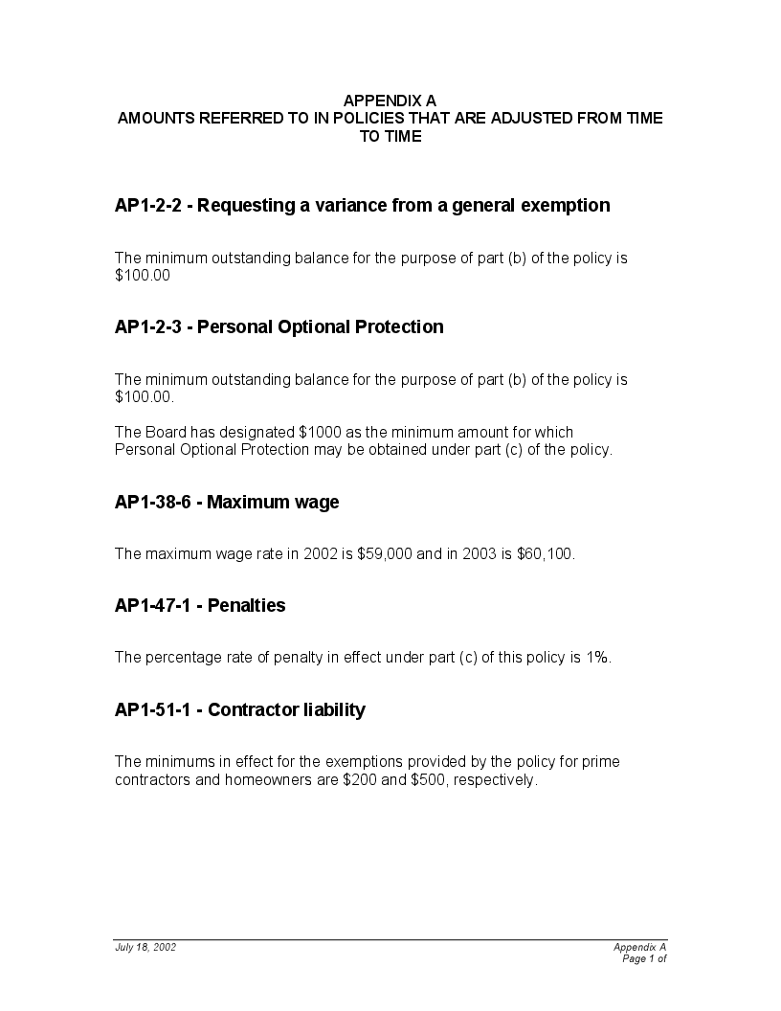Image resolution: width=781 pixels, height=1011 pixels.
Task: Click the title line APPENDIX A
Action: click(x=390, y=100)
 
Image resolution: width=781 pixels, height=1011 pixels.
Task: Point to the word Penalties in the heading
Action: click(x=246, y=605)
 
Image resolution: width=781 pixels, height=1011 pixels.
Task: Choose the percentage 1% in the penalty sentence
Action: click(x=598, y=658)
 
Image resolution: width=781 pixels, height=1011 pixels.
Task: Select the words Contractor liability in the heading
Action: click(x=286, y=709)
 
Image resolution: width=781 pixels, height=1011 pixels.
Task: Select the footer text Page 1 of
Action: click(x=644, y=958)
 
